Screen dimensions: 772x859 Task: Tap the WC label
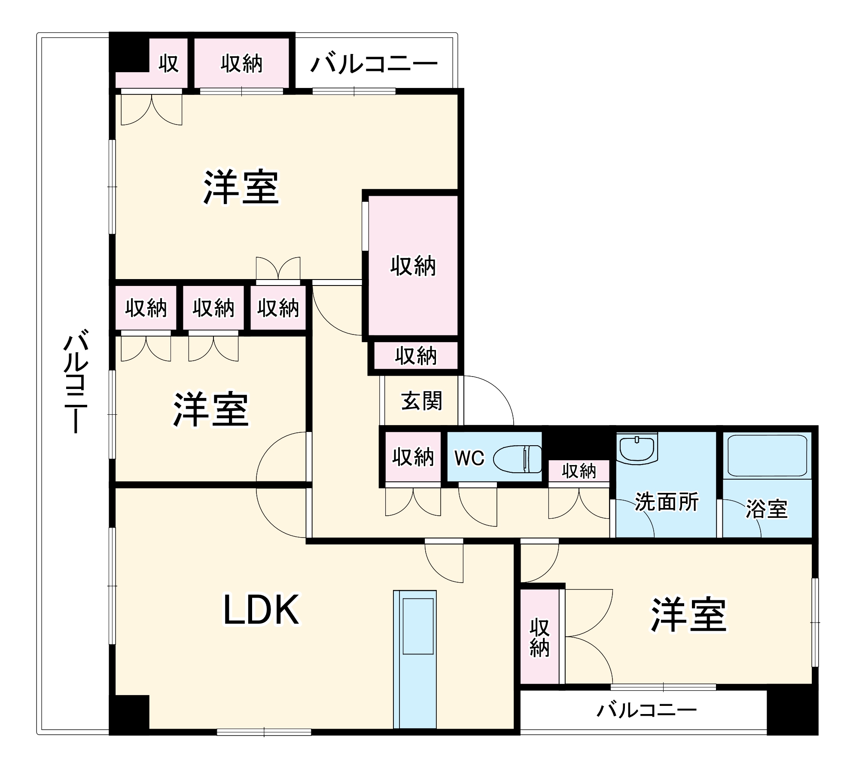click(x=469, y=458)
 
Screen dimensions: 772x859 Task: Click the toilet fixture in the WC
click(x=517, y=459)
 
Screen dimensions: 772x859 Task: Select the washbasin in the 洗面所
click(x=637, y=448)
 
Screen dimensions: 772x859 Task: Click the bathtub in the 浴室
click(x=767, y=456)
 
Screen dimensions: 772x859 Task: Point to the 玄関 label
click(x=421, y=401)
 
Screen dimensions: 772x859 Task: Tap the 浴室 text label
click(x=766, y=509)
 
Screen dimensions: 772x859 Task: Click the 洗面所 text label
click(x=667, y=501)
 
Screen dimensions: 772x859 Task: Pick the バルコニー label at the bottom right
click(x=646, y=711)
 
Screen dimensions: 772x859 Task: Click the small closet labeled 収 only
click(x=168, y=64)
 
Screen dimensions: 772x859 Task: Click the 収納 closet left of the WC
click(x=413, y=457)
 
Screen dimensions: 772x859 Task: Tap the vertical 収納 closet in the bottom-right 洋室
click(x=539, y=638)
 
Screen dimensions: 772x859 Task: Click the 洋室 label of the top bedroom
click(x=241, y=188)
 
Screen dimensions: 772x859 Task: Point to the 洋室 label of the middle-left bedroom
click(x=211, y=409)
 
